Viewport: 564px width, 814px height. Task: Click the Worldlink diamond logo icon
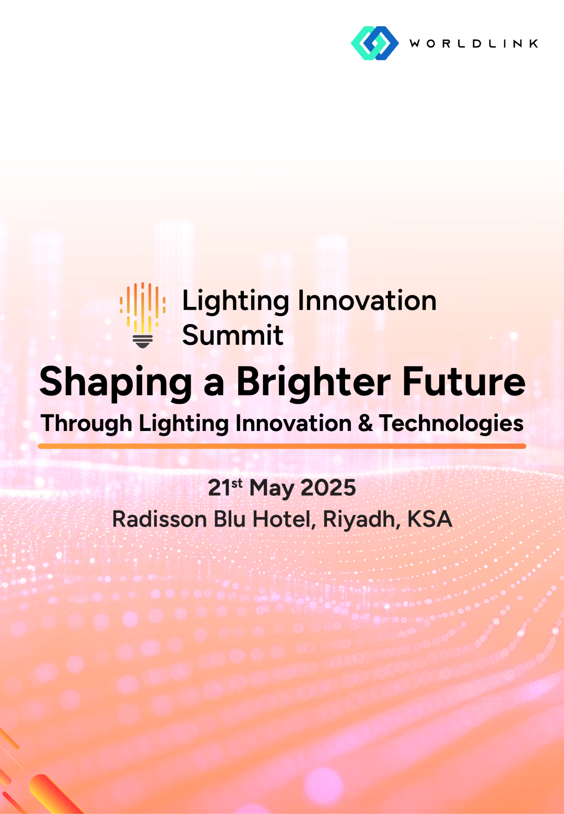[x=374, y=43]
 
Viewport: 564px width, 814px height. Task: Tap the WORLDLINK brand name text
[x=474, y=44]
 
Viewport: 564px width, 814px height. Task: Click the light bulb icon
[x=143, y=315]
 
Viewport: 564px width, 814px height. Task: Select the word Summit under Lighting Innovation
[x=233, y=335]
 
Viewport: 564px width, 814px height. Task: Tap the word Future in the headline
[x=464, y=381]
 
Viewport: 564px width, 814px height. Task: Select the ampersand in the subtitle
[x=365, y=423]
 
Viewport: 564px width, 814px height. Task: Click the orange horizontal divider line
[x=282, y=446]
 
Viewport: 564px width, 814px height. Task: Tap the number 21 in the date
[x=219, y=488]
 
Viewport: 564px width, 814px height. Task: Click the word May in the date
[x=272, y=489]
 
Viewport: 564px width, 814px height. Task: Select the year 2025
[x=328, y=488]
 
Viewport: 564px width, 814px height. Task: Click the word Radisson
[x=160, y=519]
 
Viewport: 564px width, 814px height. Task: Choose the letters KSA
[x=430, y=519]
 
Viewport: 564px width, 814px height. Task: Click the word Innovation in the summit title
[x=367, y=301]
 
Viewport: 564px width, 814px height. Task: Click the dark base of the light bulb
[x=143, y=341]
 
